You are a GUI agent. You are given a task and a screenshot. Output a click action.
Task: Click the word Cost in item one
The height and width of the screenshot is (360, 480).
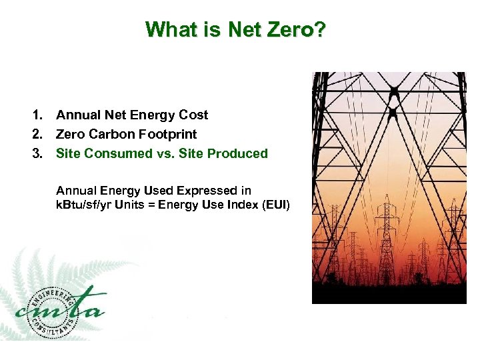tap(193, 115)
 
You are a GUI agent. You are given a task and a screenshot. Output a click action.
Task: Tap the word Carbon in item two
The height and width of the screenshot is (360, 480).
tap(109, 134)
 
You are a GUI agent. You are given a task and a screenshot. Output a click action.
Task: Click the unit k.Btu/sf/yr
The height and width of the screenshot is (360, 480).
tap(85, 204)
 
